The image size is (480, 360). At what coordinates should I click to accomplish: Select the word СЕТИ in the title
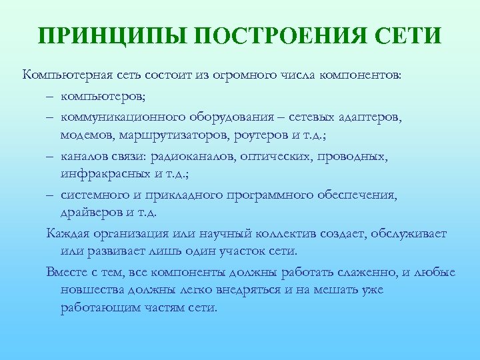pyautogui.click(x=409, y=35)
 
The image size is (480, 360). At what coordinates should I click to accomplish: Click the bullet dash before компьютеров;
pyautogui.click(x=51, y=96)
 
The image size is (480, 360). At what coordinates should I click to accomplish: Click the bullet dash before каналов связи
pyautogui.click(x=51, y=157)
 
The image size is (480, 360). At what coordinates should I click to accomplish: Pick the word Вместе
pyautogui.click(x=68, y=273)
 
